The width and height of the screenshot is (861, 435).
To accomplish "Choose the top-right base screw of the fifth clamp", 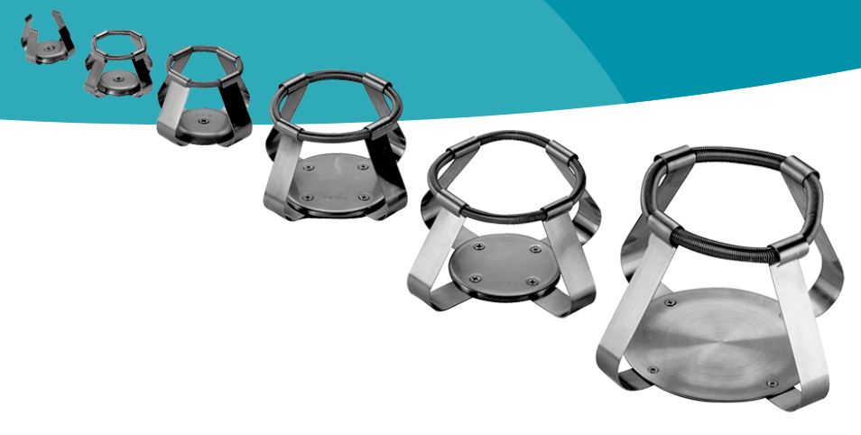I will (x=535, y=249).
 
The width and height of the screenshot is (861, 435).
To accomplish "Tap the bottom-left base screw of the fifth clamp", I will (x=470, y=278).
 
